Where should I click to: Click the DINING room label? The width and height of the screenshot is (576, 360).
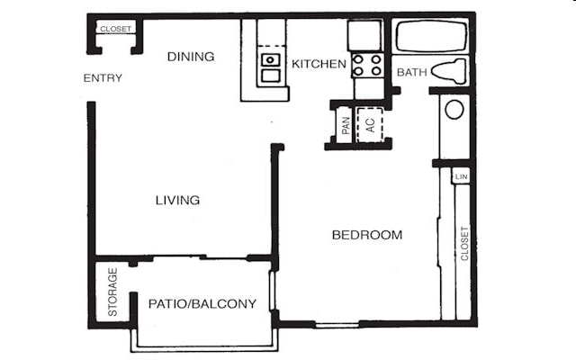[191, 57]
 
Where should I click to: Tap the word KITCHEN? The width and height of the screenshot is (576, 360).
[319, 64]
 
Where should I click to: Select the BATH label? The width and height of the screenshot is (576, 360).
[411, 72]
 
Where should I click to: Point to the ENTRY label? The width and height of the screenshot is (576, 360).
[103, 78]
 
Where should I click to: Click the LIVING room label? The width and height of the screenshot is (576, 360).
[177, 200]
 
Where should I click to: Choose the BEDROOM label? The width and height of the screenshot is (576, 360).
[366, 235]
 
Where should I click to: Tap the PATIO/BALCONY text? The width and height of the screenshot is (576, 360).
[202, 303]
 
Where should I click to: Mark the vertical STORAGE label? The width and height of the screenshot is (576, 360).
[113, 292]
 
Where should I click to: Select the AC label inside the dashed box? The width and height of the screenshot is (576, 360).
[369, 123]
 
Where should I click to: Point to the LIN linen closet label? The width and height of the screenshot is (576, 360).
[462, 176]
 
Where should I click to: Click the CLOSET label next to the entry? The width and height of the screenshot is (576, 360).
[115, 29]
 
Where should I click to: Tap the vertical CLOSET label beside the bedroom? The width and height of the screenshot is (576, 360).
[464, 243]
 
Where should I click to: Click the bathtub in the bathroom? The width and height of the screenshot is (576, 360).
[431, 38]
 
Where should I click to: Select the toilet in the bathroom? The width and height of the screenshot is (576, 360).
[449, 71]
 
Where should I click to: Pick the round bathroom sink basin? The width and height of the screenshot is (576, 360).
[454, 110]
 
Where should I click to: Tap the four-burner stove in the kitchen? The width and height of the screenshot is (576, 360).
[367, 65]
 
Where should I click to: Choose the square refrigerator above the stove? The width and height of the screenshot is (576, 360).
[365, 35]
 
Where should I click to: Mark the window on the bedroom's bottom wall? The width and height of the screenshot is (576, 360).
[337, 324]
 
